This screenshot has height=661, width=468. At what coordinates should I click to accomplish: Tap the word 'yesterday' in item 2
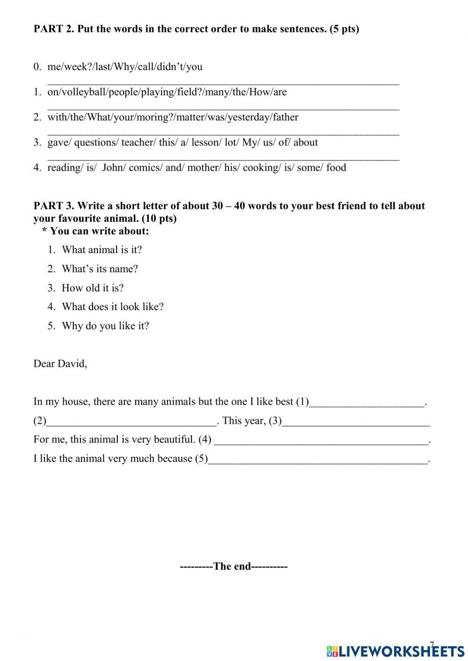click(x=248, y=117)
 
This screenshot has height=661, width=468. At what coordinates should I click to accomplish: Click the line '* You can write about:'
click(x=95, y=231)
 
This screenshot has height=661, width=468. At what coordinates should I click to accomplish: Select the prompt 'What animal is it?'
click(x=102, y=250)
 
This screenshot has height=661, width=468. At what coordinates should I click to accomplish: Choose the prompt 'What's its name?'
click(x=100, y=269)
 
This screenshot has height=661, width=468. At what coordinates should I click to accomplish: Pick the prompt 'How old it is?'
click(x=93, y=288)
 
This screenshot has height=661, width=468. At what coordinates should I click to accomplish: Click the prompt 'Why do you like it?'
click(x=105, y=326)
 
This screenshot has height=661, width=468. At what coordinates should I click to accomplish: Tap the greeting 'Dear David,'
click(x=60, y=364)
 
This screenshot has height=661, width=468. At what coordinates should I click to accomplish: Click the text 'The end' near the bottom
click(x=233, y=567)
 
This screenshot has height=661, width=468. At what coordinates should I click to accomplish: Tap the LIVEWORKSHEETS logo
click(x=395, y=651)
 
